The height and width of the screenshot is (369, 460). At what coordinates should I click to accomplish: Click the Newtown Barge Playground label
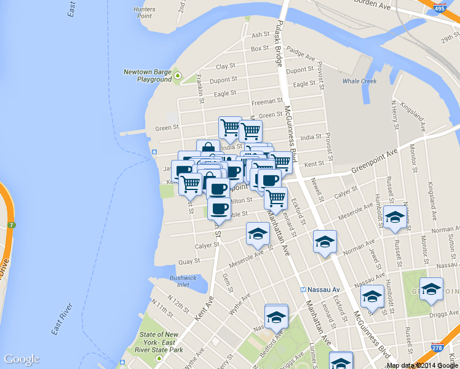pyautogui.click(x=147, y=76)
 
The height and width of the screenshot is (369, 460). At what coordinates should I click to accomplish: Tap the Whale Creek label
pyautogui.click(x=359, y=81)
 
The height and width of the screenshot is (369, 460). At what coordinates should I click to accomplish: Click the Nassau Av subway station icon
pyautogui.click(x=303, y=289)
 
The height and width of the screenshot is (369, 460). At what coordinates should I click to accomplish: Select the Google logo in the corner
pyautogui.click(x=22, y=359)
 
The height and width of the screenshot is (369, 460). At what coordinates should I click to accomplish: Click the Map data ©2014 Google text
pyautogui.click(x=422, y=365)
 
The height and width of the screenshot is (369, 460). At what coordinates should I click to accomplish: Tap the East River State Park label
pyautogui.click(x=161, y=342)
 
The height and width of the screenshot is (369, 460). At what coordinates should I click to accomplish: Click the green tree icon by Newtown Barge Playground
pyautogui.click(x=178, y=76)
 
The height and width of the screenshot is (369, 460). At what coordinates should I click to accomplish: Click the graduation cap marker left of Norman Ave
pyautogui.click(x=324, y=240)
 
